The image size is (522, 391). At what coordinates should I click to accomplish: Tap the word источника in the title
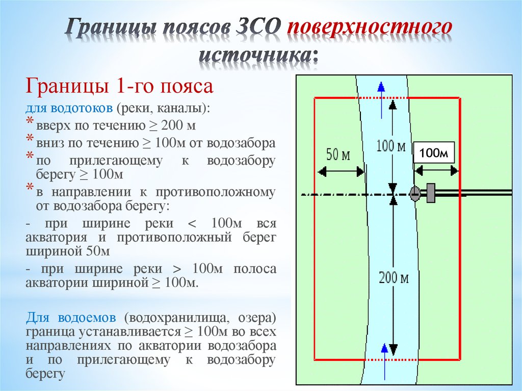tap(258, 55)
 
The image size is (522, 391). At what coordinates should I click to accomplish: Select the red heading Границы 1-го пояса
tap(119, 86)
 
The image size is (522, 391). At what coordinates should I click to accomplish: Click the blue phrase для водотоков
tap(69, 109)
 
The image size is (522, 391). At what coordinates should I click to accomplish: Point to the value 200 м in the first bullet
tap(178, 125)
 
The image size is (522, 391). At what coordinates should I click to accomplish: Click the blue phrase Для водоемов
tap(71, 318)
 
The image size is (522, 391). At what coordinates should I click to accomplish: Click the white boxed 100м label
tap(434, 153)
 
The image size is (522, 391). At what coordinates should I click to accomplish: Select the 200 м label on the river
tap(394, 278)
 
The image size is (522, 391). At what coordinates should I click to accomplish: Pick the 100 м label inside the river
tap(391, 146)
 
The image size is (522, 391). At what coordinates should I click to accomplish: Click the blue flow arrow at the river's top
tap(381, 100)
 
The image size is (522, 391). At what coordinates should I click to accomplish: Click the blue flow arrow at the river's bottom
tap(384, 362)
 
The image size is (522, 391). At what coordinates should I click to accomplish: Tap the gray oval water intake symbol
tap(414, 194)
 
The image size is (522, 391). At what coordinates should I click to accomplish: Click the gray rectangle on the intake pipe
tap(430, 193)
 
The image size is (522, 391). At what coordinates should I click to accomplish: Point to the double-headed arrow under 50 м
tap(341, 172)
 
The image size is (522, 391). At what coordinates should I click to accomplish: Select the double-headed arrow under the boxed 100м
tap(436, 171)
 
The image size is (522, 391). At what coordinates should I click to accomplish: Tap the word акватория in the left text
tap(56, 238)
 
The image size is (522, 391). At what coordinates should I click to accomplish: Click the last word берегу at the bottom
tap(45, 374)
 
